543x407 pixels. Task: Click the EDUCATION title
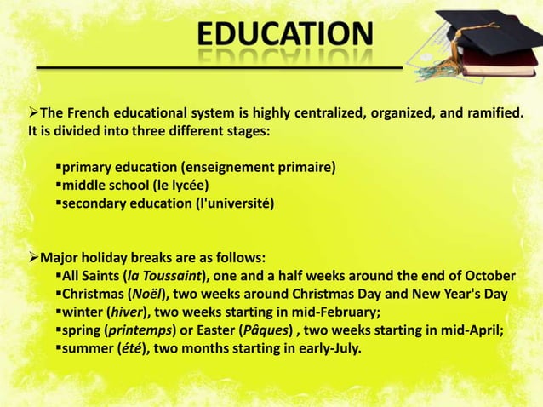286,34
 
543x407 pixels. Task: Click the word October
489,277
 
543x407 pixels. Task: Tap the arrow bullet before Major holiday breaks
35,257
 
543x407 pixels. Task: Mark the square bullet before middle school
60,185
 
